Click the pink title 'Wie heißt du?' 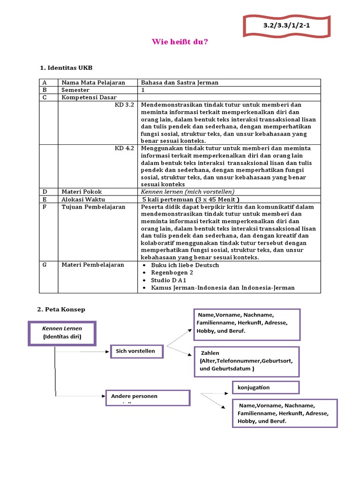click(x=180, y=42)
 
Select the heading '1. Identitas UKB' click(x=69, y=68)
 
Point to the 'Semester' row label click(x=75, y=90)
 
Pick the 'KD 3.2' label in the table click(x=125, y=105)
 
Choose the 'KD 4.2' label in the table click(x=125, y=148)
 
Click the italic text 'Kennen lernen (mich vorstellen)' click(x=187, y=192)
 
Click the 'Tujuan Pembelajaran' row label click(x=93, y=207)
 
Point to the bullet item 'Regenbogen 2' click(x=172, y=272)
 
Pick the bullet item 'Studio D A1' click(x=169, y=280)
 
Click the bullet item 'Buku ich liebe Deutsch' click(x=185, y=265)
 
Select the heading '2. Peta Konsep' click(x=61, y=309)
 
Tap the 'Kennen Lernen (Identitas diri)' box click(x=62, y=333)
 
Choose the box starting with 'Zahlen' click(x=246, y=361)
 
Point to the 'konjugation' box click(x=265, y=388)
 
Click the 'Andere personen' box click(x=148, y=397)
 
